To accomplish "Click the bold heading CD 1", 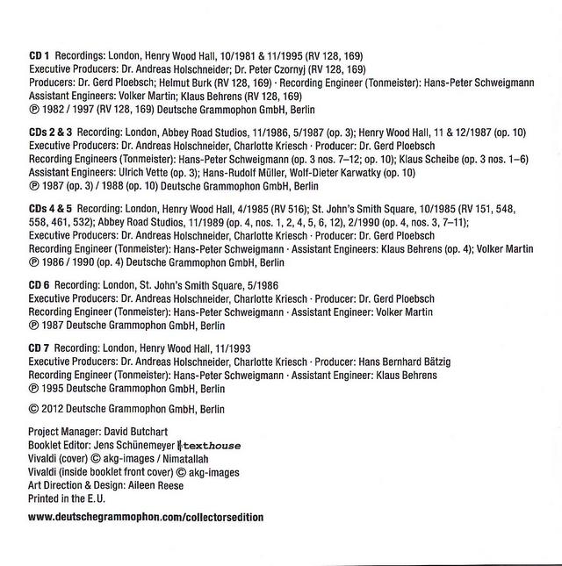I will (40, 55).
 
